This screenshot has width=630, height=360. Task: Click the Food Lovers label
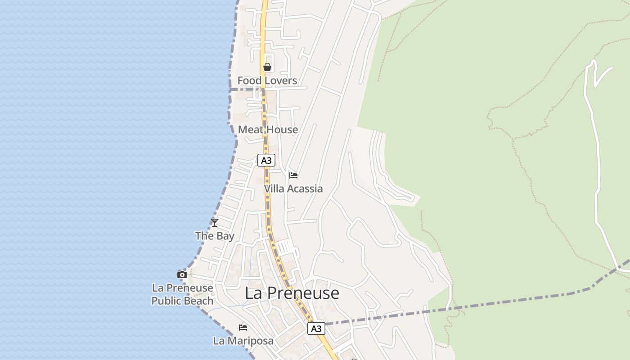tap(267, 81)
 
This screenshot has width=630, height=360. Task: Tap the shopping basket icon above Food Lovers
tap(267, 67)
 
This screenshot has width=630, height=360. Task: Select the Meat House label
tap(268, 130)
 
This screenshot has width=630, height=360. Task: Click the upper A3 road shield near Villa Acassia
tap(266, 160)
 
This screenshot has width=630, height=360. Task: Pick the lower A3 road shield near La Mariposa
tap(316, 328)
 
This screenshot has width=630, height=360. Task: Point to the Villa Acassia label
tap(293, 189)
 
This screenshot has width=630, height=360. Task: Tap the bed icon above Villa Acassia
tap(293, 175)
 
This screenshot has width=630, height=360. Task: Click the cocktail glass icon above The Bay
tap(215, 222)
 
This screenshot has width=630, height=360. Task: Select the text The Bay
tap(215, 236)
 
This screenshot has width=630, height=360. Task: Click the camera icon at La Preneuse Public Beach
tap(182, 274)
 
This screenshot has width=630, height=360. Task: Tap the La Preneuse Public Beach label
tap(182, 294)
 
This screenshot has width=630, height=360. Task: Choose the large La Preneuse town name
tap(292, 293)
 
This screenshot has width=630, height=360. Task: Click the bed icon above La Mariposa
tap(243, 327)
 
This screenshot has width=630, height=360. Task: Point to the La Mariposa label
tap(243, 341)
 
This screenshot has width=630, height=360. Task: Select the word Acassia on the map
tap(305, 189)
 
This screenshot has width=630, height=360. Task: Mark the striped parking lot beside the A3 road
tap(285, 247)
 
